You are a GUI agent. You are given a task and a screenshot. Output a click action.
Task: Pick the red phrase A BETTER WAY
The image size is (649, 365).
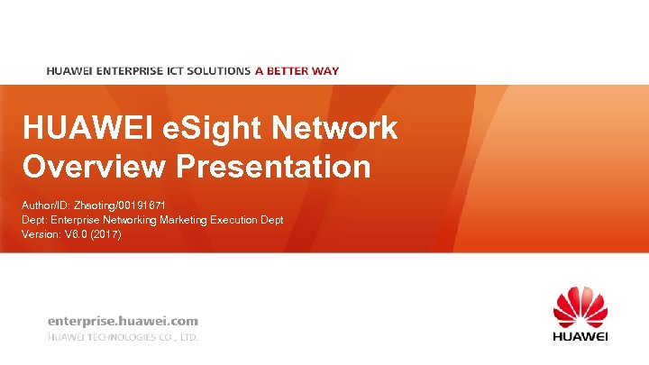pyautogui.click(x=297, y=70)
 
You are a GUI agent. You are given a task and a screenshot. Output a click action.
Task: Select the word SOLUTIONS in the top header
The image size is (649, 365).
pyautogui.click(x=220, y=70)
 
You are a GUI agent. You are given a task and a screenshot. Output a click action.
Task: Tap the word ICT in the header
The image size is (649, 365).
pyautogui.click(x=179, y=70)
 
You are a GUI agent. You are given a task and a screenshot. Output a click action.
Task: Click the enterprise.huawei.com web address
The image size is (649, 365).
pyautogui.click(x=123, y=320)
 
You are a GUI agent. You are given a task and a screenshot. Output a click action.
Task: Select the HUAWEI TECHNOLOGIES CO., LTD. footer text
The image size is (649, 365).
pyautogui.click(x=123, y=337)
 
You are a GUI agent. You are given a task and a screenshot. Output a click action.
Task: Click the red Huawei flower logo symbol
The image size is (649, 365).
pyautogui.click(x=580, y=307)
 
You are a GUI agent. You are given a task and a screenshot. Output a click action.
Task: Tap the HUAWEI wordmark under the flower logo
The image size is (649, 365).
pyautogui.click(x=580, y=336)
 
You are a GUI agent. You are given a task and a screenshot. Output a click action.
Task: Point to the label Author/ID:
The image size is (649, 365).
pyautogui.click(x=44, y=205)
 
